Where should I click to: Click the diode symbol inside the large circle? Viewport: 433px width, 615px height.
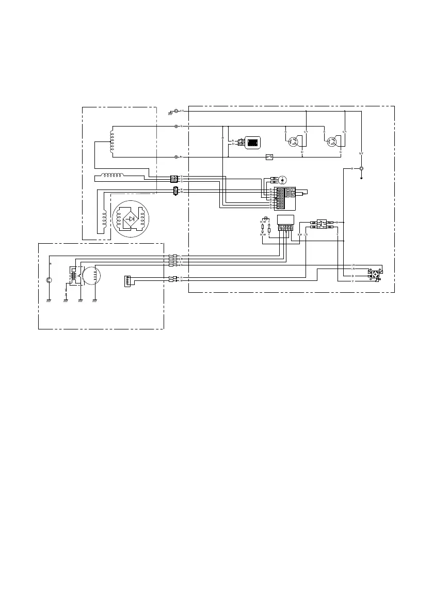[131, 218]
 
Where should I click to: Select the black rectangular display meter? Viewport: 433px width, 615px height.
[252, 143]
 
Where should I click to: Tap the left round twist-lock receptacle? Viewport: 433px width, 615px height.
[296, 141]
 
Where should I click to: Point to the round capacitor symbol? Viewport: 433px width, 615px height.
[281, 179]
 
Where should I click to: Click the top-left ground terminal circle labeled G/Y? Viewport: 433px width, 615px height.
[177, 111]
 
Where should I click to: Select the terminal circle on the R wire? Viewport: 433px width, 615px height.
[177, 126]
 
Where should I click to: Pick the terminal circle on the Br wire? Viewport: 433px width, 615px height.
[177, 156]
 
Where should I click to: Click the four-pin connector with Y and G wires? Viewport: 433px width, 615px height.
[174, 179]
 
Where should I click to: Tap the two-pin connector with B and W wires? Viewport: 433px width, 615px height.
[175, 191]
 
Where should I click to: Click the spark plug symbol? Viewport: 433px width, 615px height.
[49, 280]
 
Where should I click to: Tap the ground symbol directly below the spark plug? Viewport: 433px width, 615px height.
[49, 299]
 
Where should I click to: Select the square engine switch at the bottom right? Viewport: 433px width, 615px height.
[374, 274]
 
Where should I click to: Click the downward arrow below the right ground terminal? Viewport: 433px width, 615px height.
[361, 177]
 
